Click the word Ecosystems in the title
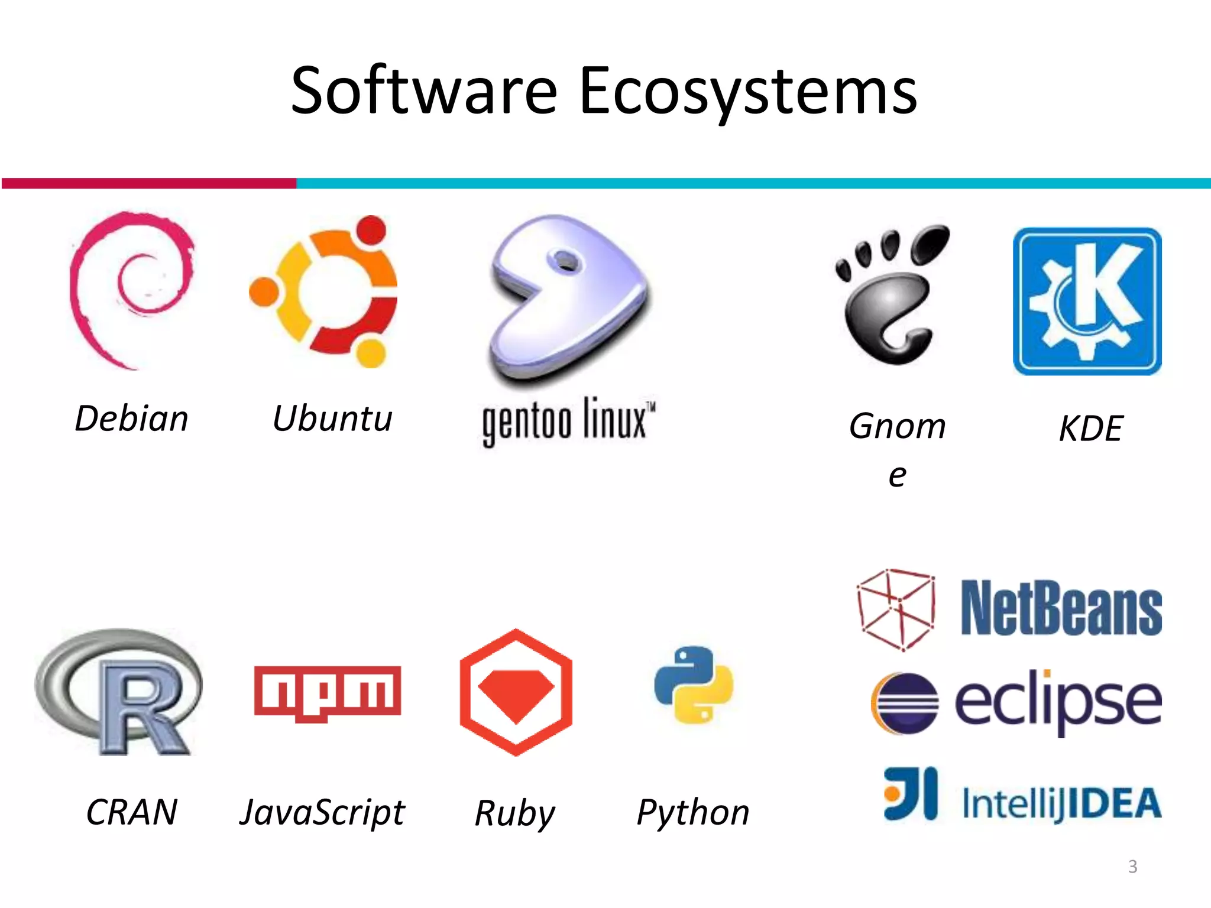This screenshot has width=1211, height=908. (x=748, y=92)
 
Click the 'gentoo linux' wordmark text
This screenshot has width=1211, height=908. (x=568, y=421)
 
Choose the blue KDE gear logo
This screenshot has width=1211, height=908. (x=1087, y=301)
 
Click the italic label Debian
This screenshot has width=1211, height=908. (x=131, y=419)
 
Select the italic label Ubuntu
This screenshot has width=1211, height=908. (x=332, y=419)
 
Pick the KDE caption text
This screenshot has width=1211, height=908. (x=1090, y=428)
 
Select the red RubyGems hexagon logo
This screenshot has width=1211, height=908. (x=516, y=692)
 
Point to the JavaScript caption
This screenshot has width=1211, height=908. (x=322, y=812)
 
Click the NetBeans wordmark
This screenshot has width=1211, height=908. (x=1061, y=608)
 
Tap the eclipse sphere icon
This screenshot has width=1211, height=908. (x=904, y=703)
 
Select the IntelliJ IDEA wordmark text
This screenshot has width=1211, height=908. (x=1061, y=803)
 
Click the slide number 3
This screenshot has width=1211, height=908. (x=1132, y=867)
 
